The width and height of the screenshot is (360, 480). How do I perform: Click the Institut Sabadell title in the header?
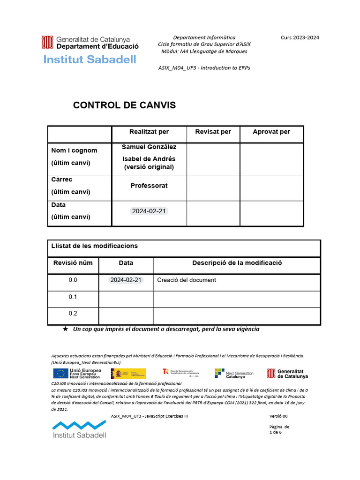coord(90,60)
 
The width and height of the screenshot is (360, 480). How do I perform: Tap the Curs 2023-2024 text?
coord(300,37)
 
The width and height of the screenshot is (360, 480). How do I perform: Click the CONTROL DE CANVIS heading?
coord(124,105)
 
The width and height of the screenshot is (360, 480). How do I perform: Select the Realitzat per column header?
coord(149,132)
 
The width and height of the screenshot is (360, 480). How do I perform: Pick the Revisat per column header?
coord(213,132)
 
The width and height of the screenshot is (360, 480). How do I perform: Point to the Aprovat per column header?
coord(271,132)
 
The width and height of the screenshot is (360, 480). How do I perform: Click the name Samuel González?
coord(149,147)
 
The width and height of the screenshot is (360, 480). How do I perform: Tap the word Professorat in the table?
coord(149,186)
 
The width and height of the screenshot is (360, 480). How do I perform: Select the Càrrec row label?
coord(62,180)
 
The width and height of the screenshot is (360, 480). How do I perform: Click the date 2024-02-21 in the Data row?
coord(149,211)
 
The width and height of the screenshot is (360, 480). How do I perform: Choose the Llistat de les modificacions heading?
coord(95,246)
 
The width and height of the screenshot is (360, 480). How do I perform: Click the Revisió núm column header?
coord(73,263)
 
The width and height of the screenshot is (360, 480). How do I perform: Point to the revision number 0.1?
coord(73,297)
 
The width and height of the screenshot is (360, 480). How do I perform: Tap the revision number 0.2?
coord(73,314)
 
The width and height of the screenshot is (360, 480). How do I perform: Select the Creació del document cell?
coord(187,280)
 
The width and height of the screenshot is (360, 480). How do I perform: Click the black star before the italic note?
coord(66,329)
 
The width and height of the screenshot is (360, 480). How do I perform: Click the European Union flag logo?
coord(60,373)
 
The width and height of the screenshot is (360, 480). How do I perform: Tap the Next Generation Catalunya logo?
coord(234,373)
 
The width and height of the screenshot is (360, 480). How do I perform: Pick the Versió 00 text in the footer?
coord(278,416)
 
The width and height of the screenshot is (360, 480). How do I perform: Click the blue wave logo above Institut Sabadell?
coord(79,425)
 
